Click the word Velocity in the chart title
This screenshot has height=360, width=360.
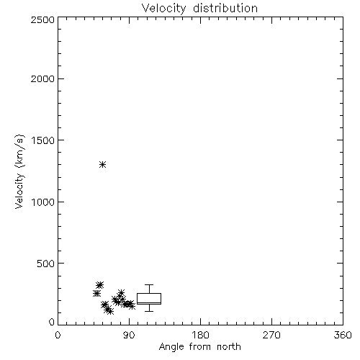tap(163, 9)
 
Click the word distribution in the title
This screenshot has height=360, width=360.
tap(225, 8)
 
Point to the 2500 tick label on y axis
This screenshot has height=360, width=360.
tap(42, 19)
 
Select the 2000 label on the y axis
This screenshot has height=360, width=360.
tap(42, 78)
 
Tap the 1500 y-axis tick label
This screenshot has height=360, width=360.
tap(43, 140)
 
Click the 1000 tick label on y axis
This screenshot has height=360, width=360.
tap(43, 202)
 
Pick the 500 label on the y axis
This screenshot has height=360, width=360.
tap(46, 264)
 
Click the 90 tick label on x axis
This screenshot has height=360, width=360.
tap(129, 335)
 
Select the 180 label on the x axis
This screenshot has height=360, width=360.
tap(200, 335)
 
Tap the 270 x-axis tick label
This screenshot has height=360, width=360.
tap(271, 335)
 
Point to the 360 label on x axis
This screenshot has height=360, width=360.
tap(343, 335)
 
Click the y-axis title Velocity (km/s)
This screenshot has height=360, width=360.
tap(19, 171)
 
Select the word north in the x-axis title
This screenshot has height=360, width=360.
tap(229, 347)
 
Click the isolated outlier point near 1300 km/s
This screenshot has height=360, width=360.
tap(103, 165)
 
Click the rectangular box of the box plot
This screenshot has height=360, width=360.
tap(149, 294)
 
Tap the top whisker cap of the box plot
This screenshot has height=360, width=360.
tap(149, 285)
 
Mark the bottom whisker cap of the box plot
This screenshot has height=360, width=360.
tap(149, 312)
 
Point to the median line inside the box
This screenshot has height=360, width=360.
tap(149, 302)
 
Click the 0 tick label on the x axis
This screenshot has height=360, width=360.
tap(58, 335)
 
